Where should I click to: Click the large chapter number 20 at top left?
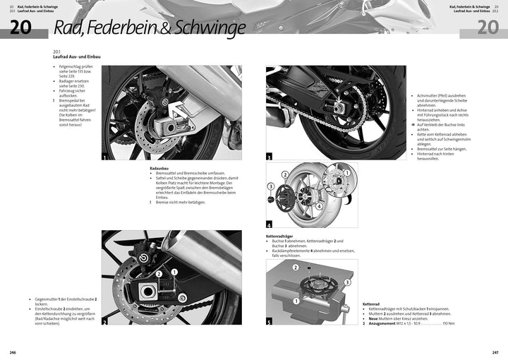point(20,28)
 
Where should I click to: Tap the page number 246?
point(13,352)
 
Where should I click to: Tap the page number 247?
point(495,352)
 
